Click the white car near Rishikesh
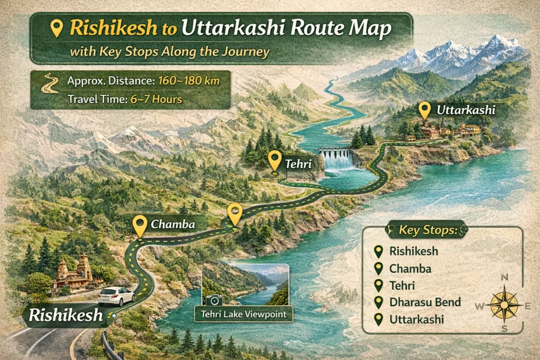(116, 296)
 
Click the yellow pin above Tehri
(274, 160)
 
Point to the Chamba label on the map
(173, 224)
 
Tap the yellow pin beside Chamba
(140, 226)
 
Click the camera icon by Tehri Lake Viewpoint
(213, 300)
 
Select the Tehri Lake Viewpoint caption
(243, 315)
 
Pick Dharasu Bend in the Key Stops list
(425, 302)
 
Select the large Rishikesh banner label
(65, 315)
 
